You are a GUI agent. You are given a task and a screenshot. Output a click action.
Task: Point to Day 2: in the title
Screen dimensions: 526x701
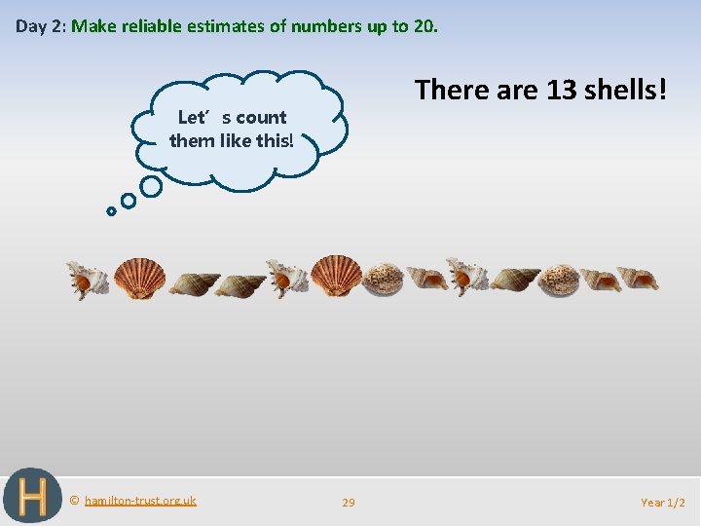40,26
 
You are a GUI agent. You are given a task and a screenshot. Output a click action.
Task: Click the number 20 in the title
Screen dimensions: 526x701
424,26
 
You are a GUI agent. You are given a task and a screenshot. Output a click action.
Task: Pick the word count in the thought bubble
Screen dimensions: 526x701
261,118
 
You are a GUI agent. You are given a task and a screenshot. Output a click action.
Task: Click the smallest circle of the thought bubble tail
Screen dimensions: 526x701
111,210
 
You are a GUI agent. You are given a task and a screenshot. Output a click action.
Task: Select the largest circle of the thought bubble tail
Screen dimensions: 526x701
151,185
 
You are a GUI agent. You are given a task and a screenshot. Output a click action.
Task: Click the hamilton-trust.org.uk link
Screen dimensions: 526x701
140,501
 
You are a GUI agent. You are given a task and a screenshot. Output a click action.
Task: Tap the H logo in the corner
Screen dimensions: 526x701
32,496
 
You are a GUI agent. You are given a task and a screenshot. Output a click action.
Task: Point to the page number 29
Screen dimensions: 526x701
349,503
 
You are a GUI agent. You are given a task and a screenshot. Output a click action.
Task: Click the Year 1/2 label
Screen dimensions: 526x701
663,503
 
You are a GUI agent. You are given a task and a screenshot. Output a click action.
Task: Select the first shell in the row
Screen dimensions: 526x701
89,280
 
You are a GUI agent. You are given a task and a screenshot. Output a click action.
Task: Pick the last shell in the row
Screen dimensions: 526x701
638,279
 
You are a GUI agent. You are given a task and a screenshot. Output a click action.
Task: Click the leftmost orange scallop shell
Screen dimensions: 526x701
139,279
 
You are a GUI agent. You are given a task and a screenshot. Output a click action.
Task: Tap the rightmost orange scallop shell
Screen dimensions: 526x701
337,277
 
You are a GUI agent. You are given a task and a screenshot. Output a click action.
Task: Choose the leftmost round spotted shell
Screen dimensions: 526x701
383,279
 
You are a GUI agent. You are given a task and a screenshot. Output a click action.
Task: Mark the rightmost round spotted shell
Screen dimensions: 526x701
560,280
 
